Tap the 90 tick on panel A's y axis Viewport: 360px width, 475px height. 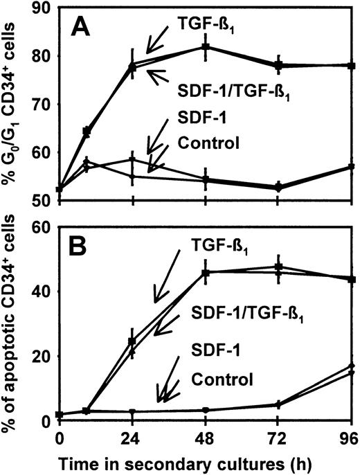(41, 9)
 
